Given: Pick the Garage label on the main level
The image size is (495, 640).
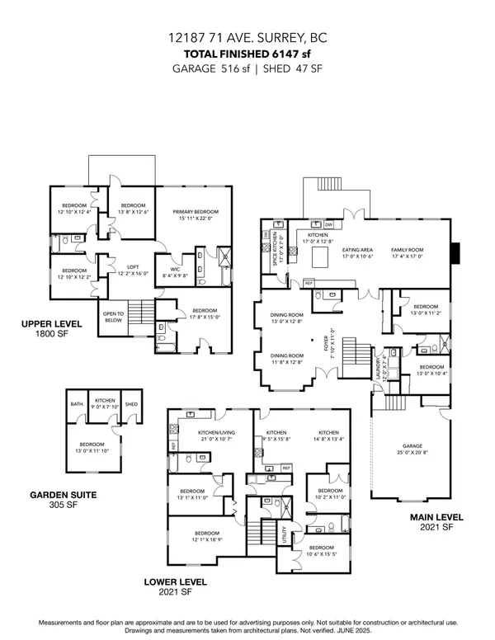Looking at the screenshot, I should click(410, 446).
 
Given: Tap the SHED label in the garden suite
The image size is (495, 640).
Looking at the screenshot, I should click(130, 403).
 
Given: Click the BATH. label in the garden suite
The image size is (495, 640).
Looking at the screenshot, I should click(78, 403).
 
